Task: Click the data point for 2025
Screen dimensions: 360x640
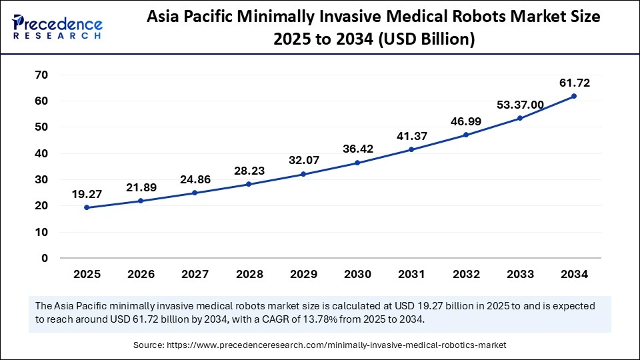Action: point(87,207)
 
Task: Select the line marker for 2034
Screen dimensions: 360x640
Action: point(574,96)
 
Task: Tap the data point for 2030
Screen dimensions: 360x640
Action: point(357,163)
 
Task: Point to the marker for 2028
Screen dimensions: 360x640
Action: point(249,184)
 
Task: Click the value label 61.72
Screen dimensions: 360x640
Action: point(574,83)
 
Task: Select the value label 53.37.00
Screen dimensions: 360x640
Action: point(520,105)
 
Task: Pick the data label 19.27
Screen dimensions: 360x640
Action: point(87,195)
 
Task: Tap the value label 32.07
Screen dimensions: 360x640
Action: point(303,161)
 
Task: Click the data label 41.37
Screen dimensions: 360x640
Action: point(411,136)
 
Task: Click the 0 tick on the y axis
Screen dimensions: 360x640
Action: point(45,259)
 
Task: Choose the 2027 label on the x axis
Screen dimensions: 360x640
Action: point(195,273)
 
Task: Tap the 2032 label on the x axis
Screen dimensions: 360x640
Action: point(465,273)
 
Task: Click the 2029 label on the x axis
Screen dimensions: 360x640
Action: point(303,273)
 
